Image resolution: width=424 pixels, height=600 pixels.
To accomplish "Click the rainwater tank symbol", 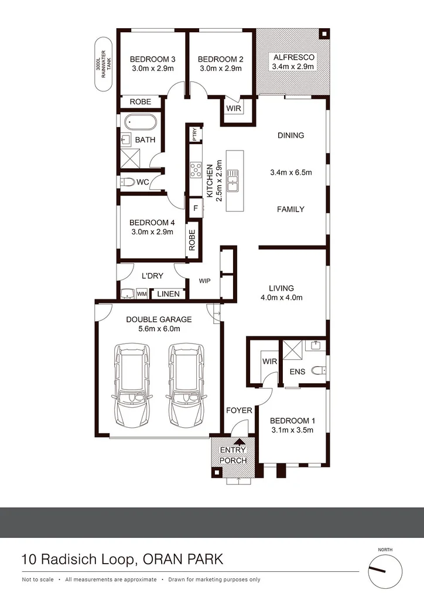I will pos(103,65).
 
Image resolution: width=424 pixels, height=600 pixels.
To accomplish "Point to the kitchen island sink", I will pos(232,180).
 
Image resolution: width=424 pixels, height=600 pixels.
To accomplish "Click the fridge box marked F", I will pos(195,207).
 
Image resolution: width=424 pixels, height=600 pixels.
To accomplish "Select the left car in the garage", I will pos(134,385).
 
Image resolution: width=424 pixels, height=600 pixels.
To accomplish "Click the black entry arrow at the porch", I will pos(239,442).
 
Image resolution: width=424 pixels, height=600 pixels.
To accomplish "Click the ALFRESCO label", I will pos(293,57).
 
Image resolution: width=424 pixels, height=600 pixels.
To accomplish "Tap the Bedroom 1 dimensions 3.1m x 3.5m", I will pos(292,430).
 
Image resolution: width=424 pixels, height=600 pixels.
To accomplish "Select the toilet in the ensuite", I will pos(317,370).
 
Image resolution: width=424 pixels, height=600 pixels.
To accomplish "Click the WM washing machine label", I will pos(142,294).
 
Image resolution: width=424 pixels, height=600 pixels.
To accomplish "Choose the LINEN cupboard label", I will pos(168,294).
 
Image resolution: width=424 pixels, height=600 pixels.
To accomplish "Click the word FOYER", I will pos(239,411).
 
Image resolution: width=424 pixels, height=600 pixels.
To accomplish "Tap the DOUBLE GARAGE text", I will pos(159,319).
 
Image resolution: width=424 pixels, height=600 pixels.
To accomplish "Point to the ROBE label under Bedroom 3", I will pos(141,102).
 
